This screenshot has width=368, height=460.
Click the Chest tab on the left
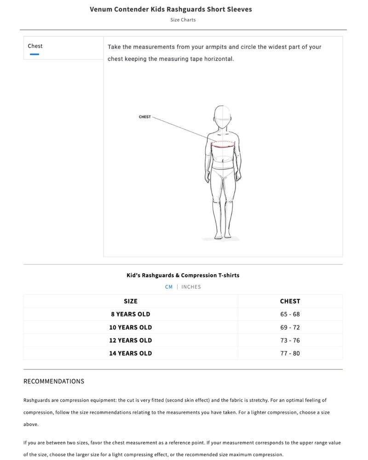(35, 46)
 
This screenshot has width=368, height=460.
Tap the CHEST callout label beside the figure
(144, 117)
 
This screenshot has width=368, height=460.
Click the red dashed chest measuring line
(223, 143)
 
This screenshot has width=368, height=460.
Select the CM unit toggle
(169, 287)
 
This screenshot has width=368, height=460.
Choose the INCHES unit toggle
(191, 287)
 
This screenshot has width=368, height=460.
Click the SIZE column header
(131, 301)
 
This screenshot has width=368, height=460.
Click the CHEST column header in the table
(290, 301)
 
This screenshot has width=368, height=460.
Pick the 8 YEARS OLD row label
(131, 314)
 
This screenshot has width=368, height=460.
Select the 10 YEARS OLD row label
(131, 327)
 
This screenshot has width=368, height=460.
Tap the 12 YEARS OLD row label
(131, 340)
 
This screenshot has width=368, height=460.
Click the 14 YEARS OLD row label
(131, 353)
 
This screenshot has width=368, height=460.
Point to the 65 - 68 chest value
(290, 314)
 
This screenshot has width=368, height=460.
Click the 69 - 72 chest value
(290, 327)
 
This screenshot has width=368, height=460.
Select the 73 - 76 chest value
(290, 340)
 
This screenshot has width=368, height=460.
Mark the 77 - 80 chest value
(290, 353)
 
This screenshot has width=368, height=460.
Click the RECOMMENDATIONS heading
(54, 381)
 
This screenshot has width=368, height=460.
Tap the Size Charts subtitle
(183, 20)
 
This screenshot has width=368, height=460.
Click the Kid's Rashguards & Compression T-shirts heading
(183, 275)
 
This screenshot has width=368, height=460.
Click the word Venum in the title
(102, 9)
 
